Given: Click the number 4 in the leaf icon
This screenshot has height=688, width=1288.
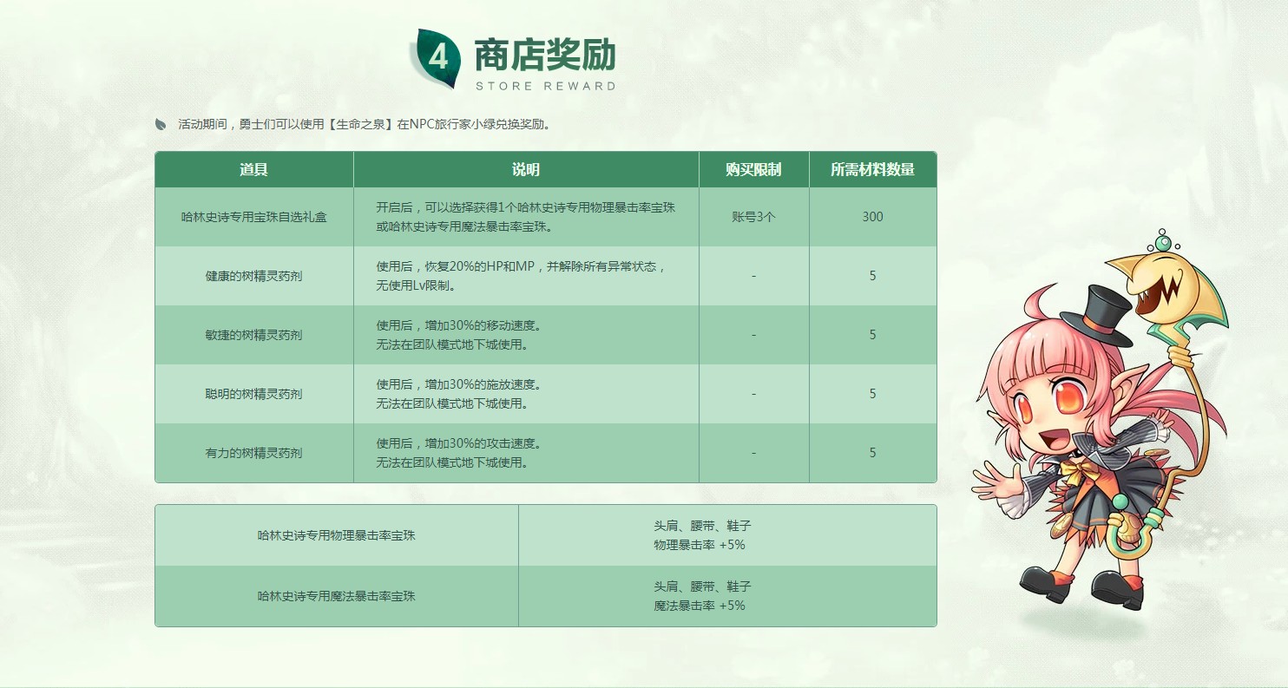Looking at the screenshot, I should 437,59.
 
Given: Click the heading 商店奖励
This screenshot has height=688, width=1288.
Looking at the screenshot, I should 544,56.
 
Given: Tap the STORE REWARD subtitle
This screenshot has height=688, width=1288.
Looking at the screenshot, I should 545,86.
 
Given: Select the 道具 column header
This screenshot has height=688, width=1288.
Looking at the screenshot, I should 253,169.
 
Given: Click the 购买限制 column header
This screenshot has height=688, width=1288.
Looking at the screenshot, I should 753,169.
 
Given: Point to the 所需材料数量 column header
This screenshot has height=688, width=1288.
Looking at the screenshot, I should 872,169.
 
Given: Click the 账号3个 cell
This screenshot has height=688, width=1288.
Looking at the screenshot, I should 753,217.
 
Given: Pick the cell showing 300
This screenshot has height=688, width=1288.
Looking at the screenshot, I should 872,217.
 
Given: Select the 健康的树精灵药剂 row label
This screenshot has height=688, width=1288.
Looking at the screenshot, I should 253,276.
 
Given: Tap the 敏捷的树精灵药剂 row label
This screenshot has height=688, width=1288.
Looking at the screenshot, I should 253,335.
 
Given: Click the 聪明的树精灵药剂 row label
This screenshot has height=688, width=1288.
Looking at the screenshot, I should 253,394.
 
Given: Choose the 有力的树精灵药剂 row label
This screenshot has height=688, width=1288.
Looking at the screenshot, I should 253,453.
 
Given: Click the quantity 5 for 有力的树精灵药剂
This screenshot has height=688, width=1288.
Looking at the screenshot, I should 872,453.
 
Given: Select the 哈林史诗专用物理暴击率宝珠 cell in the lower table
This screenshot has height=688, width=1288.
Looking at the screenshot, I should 337,535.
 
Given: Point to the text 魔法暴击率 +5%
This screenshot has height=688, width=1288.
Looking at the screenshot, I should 700,606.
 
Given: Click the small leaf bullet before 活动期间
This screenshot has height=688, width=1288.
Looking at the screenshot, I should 161,124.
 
